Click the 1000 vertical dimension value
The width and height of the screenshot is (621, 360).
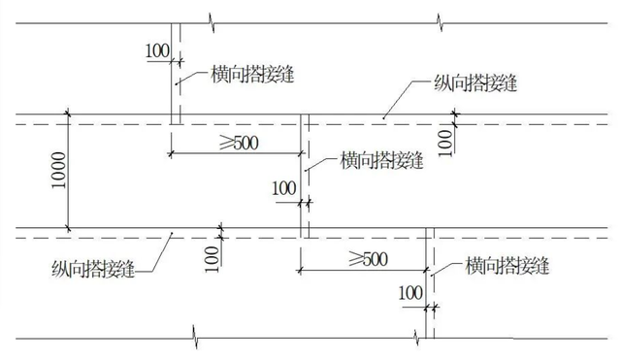click(x=60, y=172)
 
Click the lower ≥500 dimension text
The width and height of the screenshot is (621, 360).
click(x=360, y=257)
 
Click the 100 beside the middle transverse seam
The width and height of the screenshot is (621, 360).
click(x=284, y=186)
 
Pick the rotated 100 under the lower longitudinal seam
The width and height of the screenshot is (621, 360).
click(x=212, y=254)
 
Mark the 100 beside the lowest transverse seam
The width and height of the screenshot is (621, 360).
click(x=411, y=292)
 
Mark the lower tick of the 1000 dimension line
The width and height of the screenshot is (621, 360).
click(x=69, y=228)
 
